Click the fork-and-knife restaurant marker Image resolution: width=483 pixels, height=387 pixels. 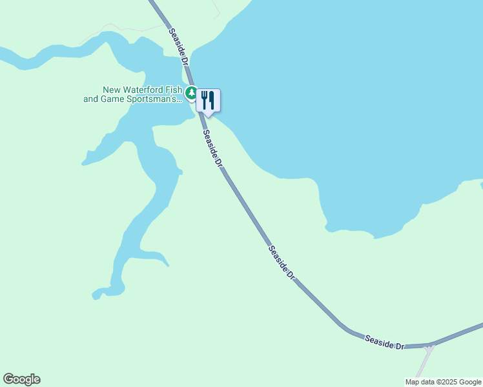[208, 101]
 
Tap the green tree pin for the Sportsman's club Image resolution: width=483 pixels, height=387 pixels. [191, 94]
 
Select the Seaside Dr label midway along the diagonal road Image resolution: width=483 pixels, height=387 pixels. [282, 261]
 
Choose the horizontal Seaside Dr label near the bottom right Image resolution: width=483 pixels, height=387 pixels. [384, 342]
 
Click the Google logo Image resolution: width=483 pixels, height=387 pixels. [21, 379]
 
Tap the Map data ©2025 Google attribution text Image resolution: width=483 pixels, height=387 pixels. [443, 382]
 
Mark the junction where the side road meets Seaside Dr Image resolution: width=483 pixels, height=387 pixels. [429, 346]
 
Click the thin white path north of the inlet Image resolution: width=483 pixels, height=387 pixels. [123, 28]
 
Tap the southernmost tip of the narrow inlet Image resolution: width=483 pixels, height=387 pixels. [97, 296]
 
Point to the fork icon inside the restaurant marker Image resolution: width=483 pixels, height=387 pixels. [204, 99]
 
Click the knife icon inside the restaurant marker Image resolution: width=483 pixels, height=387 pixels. [212, 99]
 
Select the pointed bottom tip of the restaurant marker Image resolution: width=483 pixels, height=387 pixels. [208, 116]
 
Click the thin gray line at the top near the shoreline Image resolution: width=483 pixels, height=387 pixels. [216, 9]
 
